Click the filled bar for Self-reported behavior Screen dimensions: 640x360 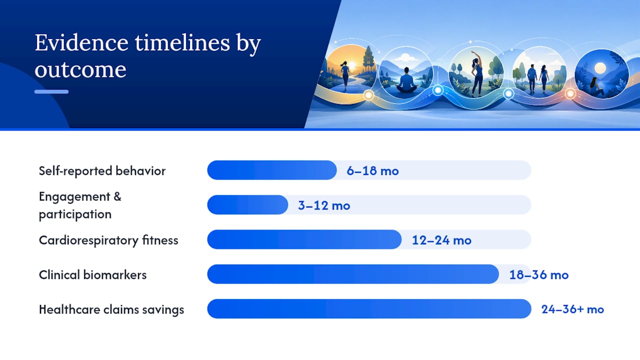271,170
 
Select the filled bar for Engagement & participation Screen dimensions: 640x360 247,205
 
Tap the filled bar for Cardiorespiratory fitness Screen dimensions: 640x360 304,239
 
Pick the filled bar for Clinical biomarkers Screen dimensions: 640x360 353,274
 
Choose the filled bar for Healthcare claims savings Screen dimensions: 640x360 369,309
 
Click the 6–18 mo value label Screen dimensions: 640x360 372,171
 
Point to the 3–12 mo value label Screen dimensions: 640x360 324,205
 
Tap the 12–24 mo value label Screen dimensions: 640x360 441,240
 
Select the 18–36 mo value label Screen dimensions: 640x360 539,275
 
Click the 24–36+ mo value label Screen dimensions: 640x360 572,309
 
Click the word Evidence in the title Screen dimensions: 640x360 81,43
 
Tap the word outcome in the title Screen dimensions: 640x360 80,69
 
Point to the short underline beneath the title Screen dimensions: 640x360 51,91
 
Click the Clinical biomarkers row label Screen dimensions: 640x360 92,275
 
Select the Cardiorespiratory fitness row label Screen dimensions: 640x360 108,240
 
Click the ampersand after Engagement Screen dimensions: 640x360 117,196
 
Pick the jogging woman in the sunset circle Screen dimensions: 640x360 345,75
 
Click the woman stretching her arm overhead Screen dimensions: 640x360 477,73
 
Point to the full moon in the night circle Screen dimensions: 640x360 600,68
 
